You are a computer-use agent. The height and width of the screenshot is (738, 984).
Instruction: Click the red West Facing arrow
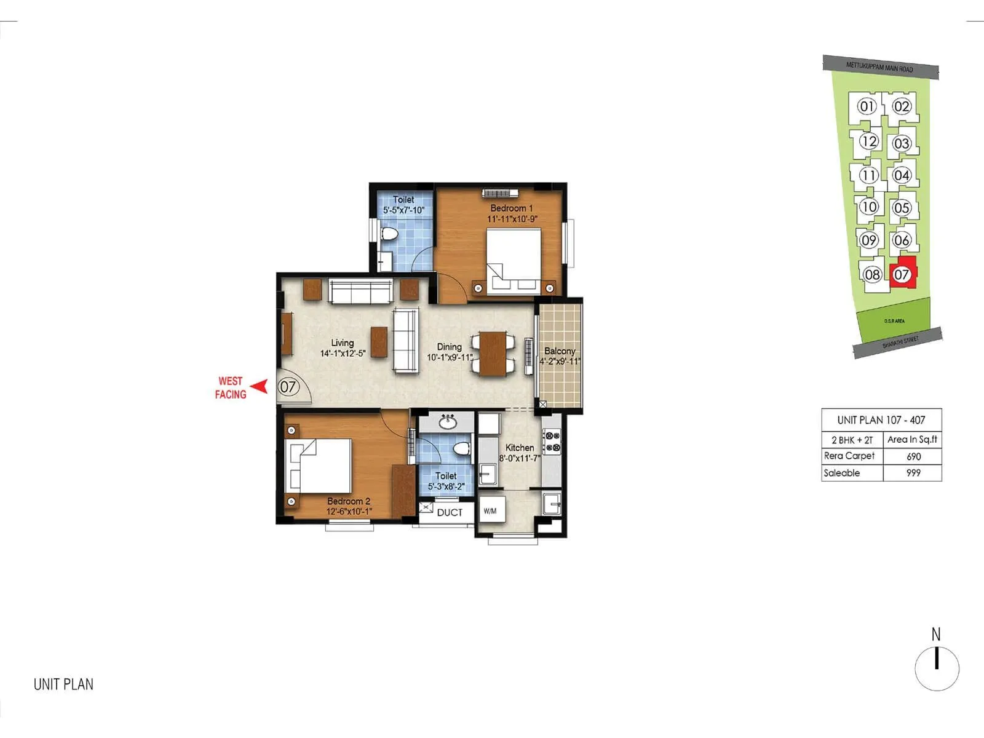coord(261,387)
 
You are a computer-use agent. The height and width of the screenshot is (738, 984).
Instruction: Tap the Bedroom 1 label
coord(512,208)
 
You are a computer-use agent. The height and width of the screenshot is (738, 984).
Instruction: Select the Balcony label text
coord(560,351)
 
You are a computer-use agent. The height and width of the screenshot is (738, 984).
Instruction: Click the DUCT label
coord(450,512)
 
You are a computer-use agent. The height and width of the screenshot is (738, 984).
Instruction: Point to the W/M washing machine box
coord(491,510)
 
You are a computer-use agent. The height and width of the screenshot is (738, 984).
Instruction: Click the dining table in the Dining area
coord(493,354)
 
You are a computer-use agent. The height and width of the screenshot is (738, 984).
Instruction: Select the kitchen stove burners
coord(552,442)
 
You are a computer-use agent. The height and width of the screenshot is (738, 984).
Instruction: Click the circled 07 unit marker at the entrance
coord(288,387)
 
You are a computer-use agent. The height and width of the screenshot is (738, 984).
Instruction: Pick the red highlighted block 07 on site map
coord(902,274)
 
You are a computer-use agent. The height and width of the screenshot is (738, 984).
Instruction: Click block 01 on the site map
coord(867,106)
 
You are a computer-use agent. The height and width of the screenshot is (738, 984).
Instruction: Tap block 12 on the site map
coord(868,141)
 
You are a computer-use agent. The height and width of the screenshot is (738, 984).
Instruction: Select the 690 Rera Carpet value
coord(913,456)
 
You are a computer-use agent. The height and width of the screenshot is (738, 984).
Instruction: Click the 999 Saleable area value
coord(913,473)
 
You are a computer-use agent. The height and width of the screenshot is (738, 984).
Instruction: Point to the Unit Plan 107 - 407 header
coord(881,420)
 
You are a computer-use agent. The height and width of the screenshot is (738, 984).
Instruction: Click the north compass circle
coord(937,669)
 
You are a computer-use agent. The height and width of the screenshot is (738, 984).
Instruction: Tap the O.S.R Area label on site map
coord(894,321)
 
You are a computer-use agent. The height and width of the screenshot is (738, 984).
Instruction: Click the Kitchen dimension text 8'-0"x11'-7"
coord(520,458)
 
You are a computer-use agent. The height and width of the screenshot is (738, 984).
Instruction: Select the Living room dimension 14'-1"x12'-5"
coord(343,354)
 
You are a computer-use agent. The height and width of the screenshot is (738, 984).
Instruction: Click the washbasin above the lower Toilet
coord(447,423)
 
